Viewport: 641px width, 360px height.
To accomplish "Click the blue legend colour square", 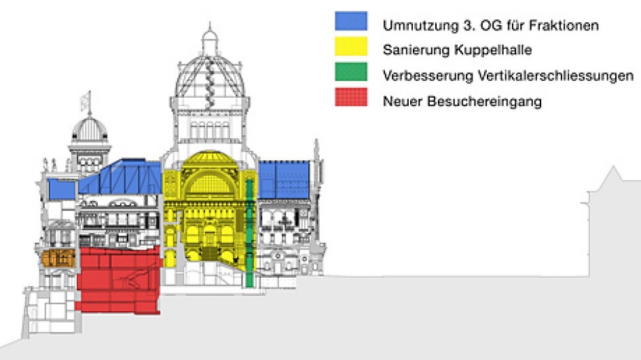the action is point(351,21).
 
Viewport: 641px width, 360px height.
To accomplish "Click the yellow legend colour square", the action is point(351,46).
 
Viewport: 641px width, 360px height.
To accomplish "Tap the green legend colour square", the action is point(351,71).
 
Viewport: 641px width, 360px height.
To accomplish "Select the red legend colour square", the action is point(351,97).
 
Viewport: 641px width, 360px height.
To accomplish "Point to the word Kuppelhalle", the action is point(494,50).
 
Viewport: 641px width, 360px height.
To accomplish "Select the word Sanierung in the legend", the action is point(417,50).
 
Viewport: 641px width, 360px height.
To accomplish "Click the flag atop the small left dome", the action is point(86,101).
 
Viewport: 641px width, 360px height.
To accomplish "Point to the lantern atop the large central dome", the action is point(210,39).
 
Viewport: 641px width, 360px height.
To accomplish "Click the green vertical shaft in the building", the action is point(249,233).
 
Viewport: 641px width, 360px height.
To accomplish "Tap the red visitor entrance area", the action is point(119,281).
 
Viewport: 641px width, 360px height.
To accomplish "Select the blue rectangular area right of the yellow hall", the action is point(284,180).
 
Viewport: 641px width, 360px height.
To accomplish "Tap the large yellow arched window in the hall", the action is point(210,183).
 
